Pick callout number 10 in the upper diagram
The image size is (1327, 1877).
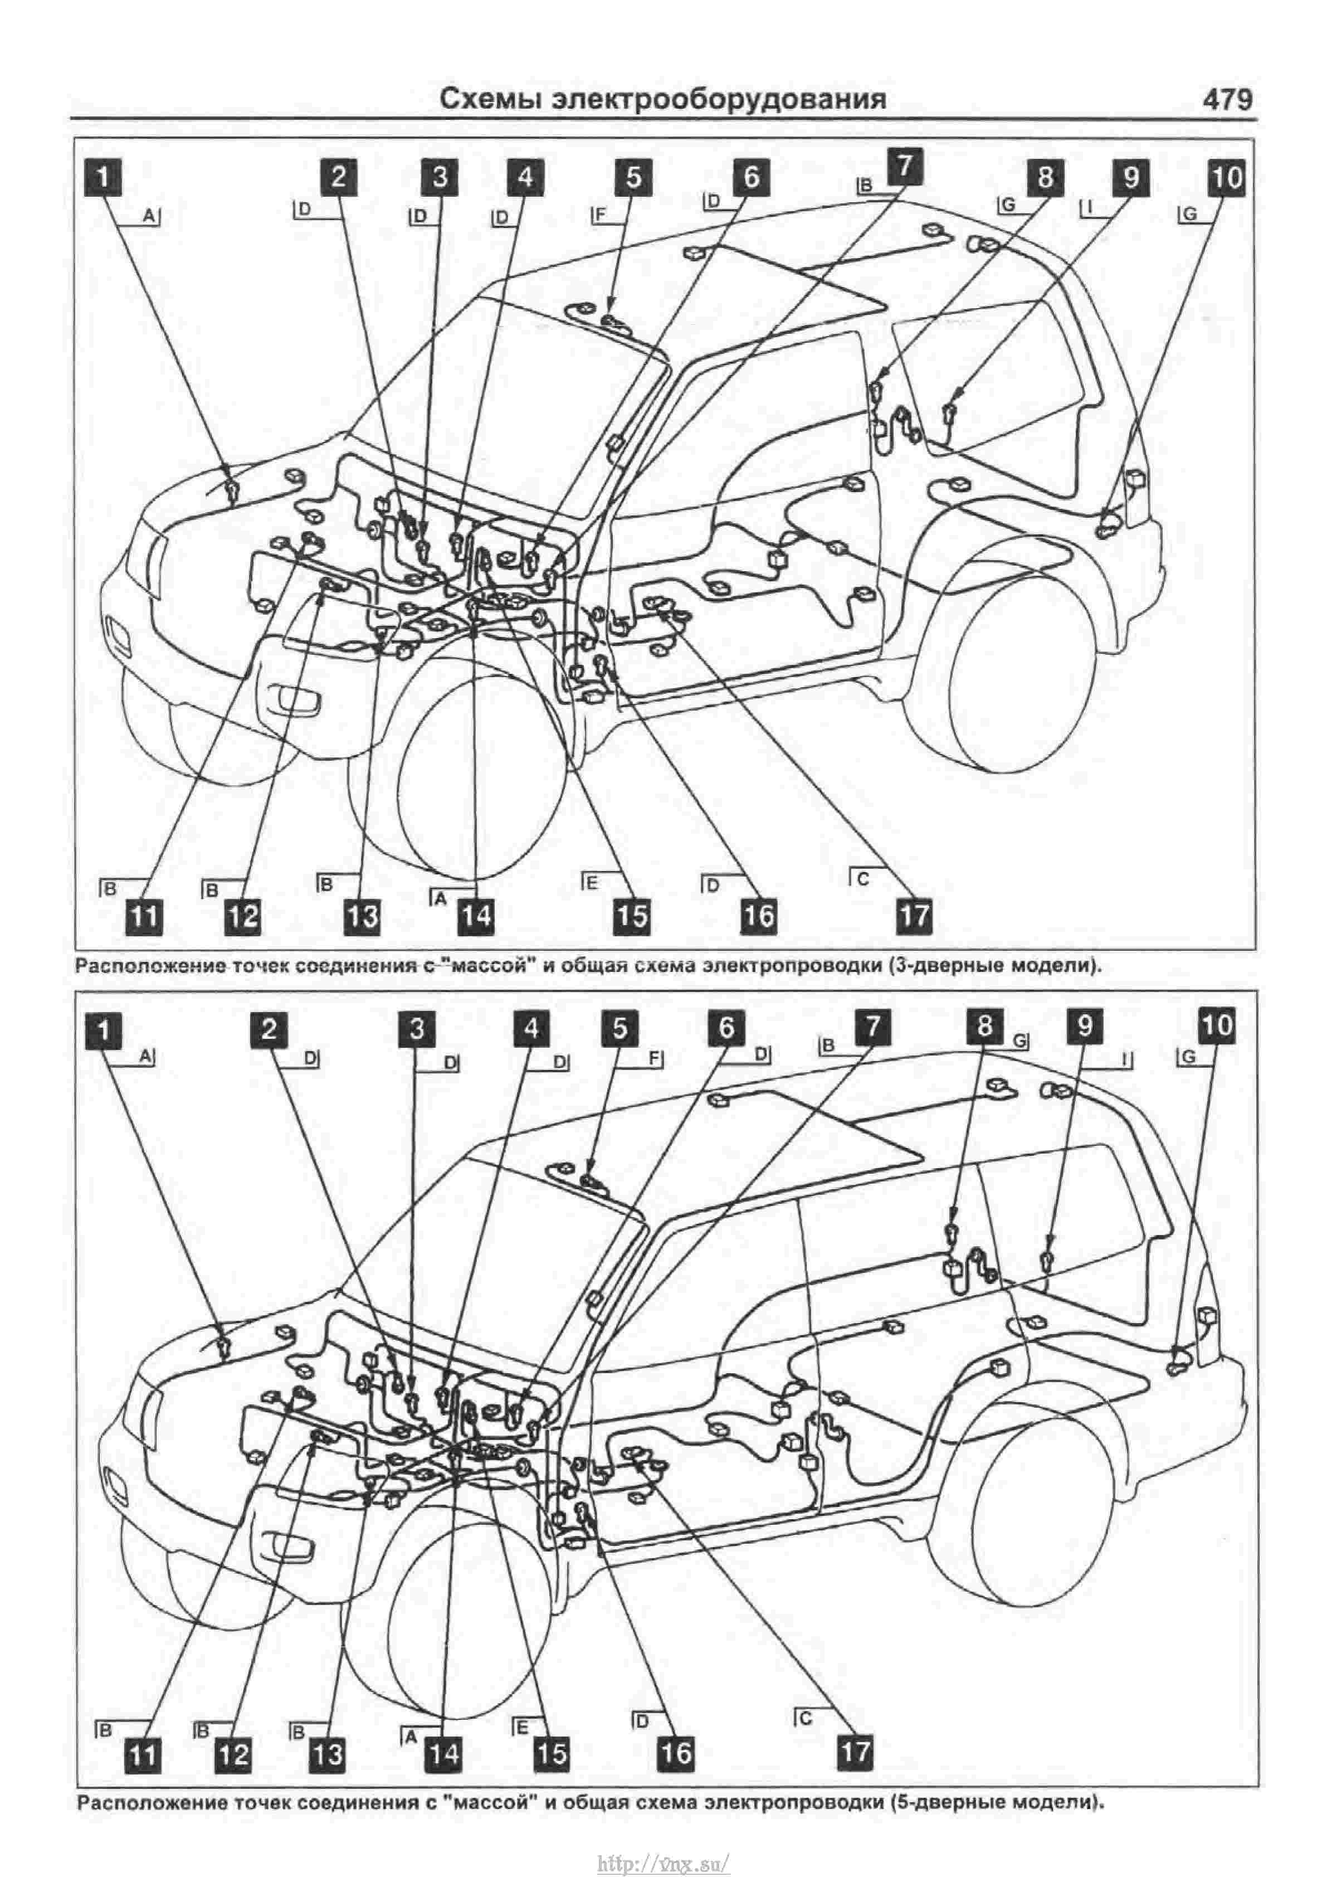click(x=1226, y=177)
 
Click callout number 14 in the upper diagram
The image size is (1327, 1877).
click(x=476, y=916)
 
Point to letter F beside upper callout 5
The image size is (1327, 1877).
click(x=601, y=216)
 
